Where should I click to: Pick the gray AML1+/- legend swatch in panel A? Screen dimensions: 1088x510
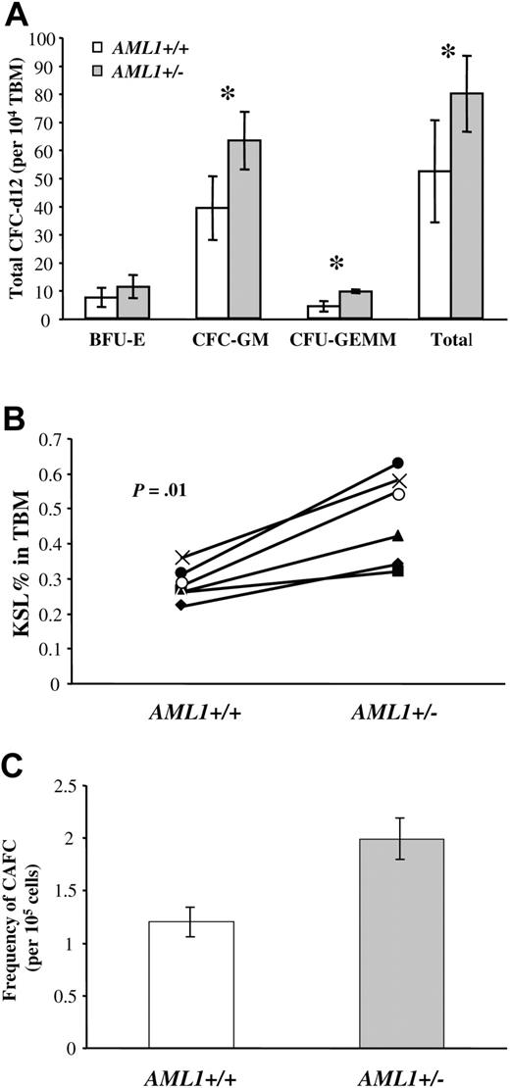pos(99,65)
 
